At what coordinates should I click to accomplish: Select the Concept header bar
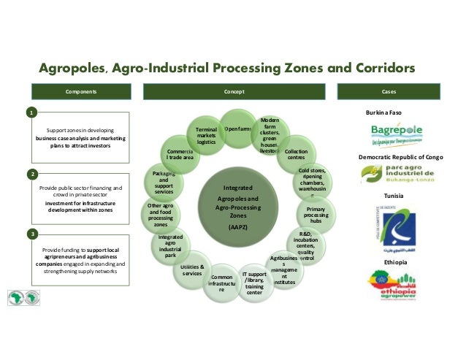click(234, 93)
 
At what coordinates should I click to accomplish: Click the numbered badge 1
click(31, 114)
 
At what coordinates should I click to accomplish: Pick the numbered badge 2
click(31, 175)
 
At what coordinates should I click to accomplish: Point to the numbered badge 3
click(31, 234)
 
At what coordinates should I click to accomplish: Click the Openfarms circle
click(238, 130)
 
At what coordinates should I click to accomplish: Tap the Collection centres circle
click(296, 154)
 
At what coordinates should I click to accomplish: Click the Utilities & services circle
click(192, 271)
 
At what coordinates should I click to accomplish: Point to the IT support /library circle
click(255, 283)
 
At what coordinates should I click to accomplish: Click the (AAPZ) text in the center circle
click(237, 227)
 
